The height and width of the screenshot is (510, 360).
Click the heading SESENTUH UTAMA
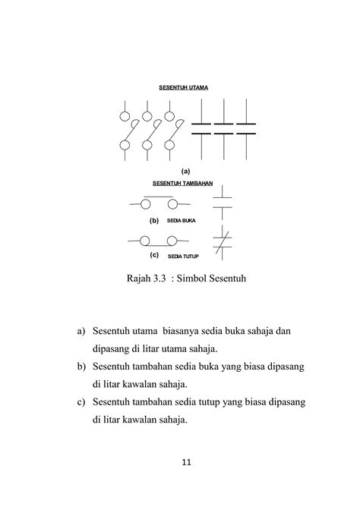click(x=182, y=88)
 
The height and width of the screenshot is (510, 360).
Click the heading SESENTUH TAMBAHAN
click(x=182, y=183)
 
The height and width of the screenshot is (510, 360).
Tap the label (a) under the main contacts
click(x=185, y=172)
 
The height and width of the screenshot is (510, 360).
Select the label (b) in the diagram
click(x=153, y=221)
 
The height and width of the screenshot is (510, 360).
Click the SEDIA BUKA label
click(x=181, y=221)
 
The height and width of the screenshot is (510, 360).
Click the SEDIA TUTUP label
click(x=182, y=256)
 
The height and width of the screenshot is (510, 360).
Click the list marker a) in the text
click(x=81, y=332)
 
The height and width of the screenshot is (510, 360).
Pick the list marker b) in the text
click(x=81, y=367)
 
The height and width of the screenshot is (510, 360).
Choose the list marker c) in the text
click(x=81, y=401)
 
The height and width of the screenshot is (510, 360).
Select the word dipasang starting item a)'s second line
click(x=115, y=349)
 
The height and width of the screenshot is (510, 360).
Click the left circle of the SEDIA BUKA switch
click(x=144, y=204)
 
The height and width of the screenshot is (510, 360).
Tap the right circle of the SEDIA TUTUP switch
click(x=172, y=241)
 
